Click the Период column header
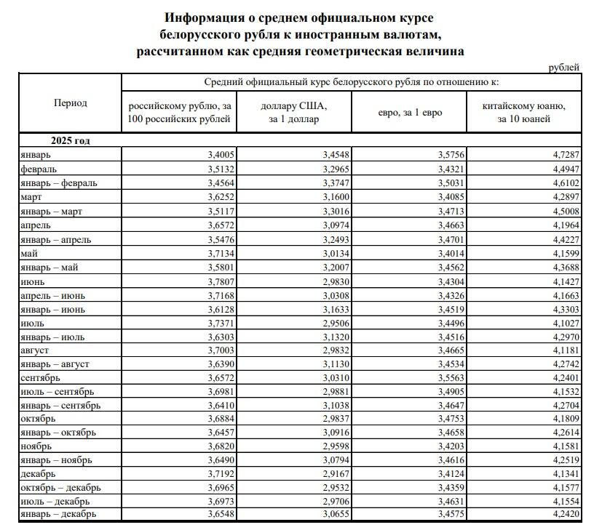pyautogui.click(x=70, y=103)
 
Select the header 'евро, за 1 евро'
pyautogui.click(x=410, y=112)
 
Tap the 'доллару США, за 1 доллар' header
pyautogui.click(x=294, y=112)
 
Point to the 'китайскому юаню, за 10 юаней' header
pyautogui.click(x=524, y=112)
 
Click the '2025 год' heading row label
pyautogui.click(x=70, y=140)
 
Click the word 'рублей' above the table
pyautogui.click(x=564, y=68)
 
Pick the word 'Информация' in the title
pyautogui.click(x=203, y=16)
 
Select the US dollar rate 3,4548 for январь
pyautogui.click(x=336, y=154)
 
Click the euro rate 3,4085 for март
pyautogui.click(x=448, y=197)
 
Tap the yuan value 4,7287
pyautogui.click(x=565, y=154)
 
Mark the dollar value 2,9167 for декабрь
pyautogui.click(x=336, y=473)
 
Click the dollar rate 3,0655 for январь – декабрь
pyautogui.click(x=336, y=514)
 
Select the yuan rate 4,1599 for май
pyautogui.click(x=565, y=253)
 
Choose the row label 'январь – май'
pyautogui.click(x=50, y=268)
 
